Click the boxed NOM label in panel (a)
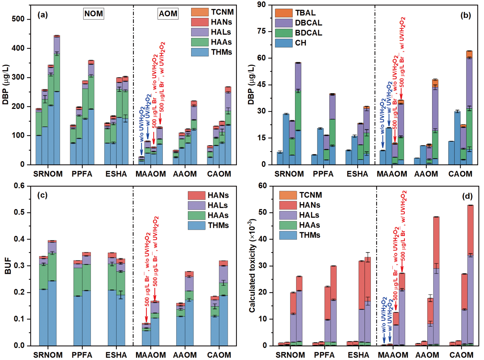coord(94,14)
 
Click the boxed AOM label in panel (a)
coord(168,14)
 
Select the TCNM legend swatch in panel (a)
coord(200,12)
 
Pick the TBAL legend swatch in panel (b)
coord(284,13)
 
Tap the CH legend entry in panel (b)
coord(300,43)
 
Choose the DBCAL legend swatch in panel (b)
coord(284,23)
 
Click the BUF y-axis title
coord(8,266)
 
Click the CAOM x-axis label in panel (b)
coord(460,174)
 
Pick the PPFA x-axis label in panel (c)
coord(82,355)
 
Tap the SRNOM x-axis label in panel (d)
coord(290,355)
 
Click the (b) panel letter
coord(465,15)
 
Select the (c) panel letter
coord(42,195)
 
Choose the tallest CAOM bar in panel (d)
coord(470,276)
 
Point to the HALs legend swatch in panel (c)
coord(197,205)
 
